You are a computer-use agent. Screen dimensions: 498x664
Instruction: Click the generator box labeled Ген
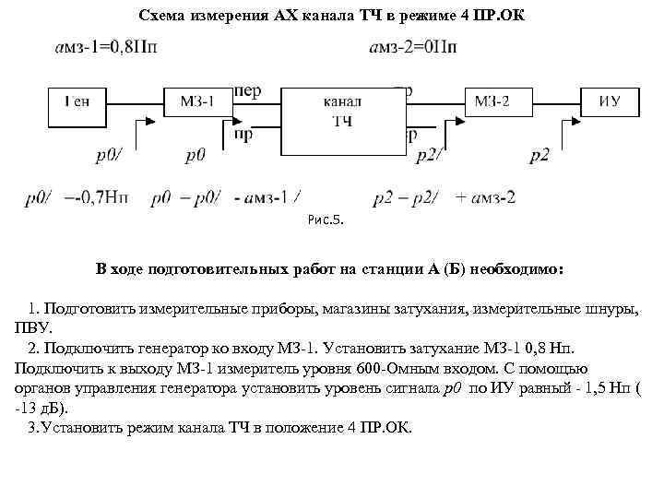tap(77, 102)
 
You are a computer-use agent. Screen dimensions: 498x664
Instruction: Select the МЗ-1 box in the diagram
tap(196, 102)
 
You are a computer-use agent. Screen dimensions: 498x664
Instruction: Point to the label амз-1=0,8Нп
tap(102, 50)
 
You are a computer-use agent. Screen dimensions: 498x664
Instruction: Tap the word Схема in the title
tap(162, 17)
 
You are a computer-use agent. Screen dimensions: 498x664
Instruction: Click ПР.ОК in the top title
tap(497, 17)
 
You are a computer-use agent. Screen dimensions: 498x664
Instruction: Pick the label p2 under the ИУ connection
tap(539, 156)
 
